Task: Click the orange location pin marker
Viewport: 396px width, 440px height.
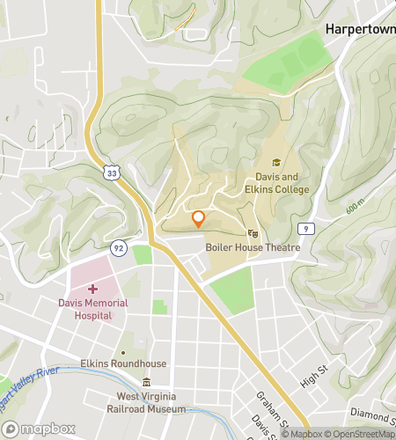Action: point(198,218)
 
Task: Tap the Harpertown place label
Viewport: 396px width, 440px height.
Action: point(358,29)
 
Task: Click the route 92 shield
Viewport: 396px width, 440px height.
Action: point(119,247)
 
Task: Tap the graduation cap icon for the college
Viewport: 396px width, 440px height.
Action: point(276,163)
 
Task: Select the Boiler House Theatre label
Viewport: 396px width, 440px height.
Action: point(253,247)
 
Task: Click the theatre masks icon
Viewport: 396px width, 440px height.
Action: point(253,233)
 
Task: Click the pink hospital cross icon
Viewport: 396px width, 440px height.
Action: point(92,288)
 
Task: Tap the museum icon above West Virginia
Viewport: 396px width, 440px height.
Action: point(146,382)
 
